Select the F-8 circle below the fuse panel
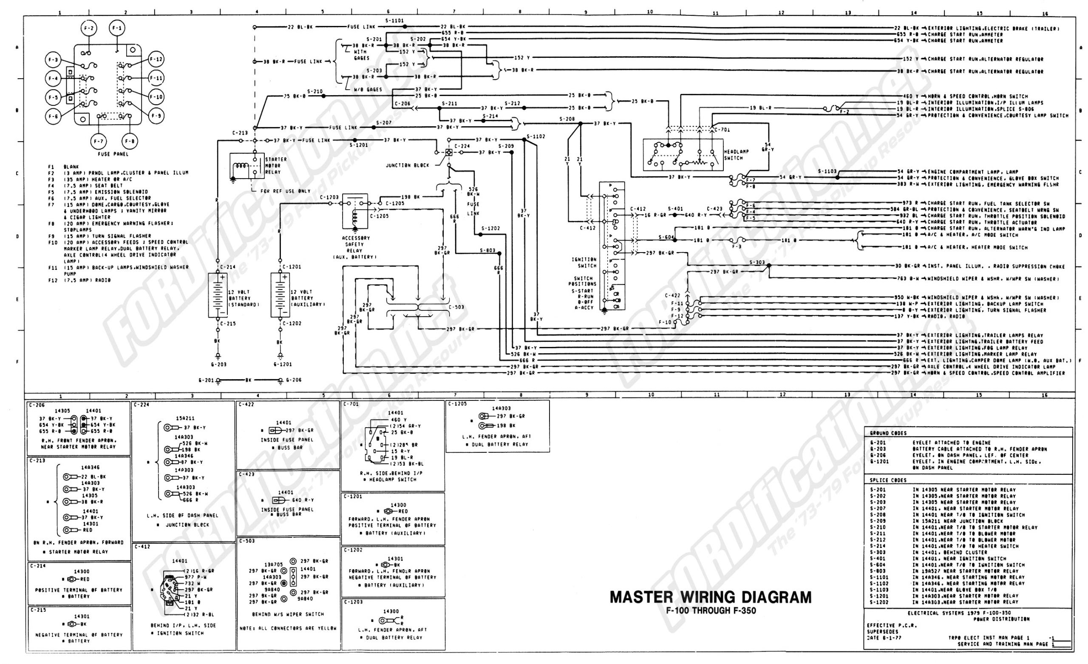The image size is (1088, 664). [x=129, y=142]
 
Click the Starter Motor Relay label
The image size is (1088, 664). [x=275, y=165]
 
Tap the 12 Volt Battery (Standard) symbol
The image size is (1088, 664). [x=218, y=295]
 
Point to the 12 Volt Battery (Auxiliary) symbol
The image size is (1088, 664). [x=280, y=295]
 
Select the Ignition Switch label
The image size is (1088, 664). [x=584, y=262]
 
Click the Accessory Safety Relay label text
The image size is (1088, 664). [x=356, y=247]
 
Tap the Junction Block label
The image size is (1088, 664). [x=407, y=165]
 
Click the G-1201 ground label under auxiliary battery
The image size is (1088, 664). [x=282, y=364]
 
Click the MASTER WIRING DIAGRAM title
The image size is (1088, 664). [x=711, y=597]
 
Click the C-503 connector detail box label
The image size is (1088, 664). [x=247, y=541]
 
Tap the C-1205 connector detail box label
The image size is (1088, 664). [x=457, y=403]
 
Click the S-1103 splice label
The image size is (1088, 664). [x=827, y=171]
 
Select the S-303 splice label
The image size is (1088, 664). [x=757, y=262]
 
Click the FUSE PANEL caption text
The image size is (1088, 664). [x=113, y=154]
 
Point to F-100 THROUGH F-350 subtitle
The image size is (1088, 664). [x=711, y=611]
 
